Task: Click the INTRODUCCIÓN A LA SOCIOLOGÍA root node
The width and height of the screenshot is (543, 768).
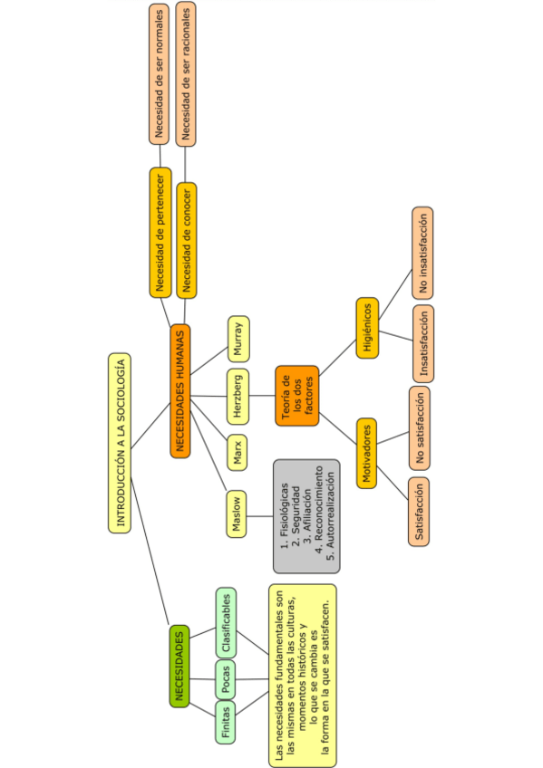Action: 118,442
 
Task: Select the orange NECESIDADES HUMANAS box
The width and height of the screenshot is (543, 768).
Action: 180,390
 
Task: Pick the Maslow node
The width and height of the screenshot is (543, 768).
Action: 237,514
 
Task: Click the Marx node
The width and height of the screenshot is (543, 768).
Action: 238,450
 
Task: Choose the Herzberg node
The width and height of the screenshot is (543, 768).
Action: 237,396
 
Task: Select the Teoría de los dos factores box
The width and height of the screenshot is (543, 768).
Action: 296,395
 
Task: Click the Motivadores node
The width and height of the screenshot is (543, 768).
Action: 366,453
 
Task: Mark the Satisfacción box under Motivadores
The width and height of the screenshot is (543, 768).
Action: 418,511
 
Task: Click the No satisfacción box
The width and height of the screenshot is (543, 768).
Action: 418,427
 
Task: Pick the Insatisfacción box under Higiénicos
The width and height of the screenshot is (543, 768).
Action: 422,343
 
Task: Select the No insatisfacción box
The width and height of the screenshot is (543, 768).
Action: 422,253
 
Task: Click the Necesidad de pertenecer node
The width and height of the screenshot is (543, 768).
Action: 160,232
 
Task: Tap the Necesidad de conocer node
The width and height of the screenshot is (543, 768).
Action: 186,239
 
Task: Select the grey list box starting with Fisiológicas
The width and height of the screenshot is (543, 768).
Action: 306,515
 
